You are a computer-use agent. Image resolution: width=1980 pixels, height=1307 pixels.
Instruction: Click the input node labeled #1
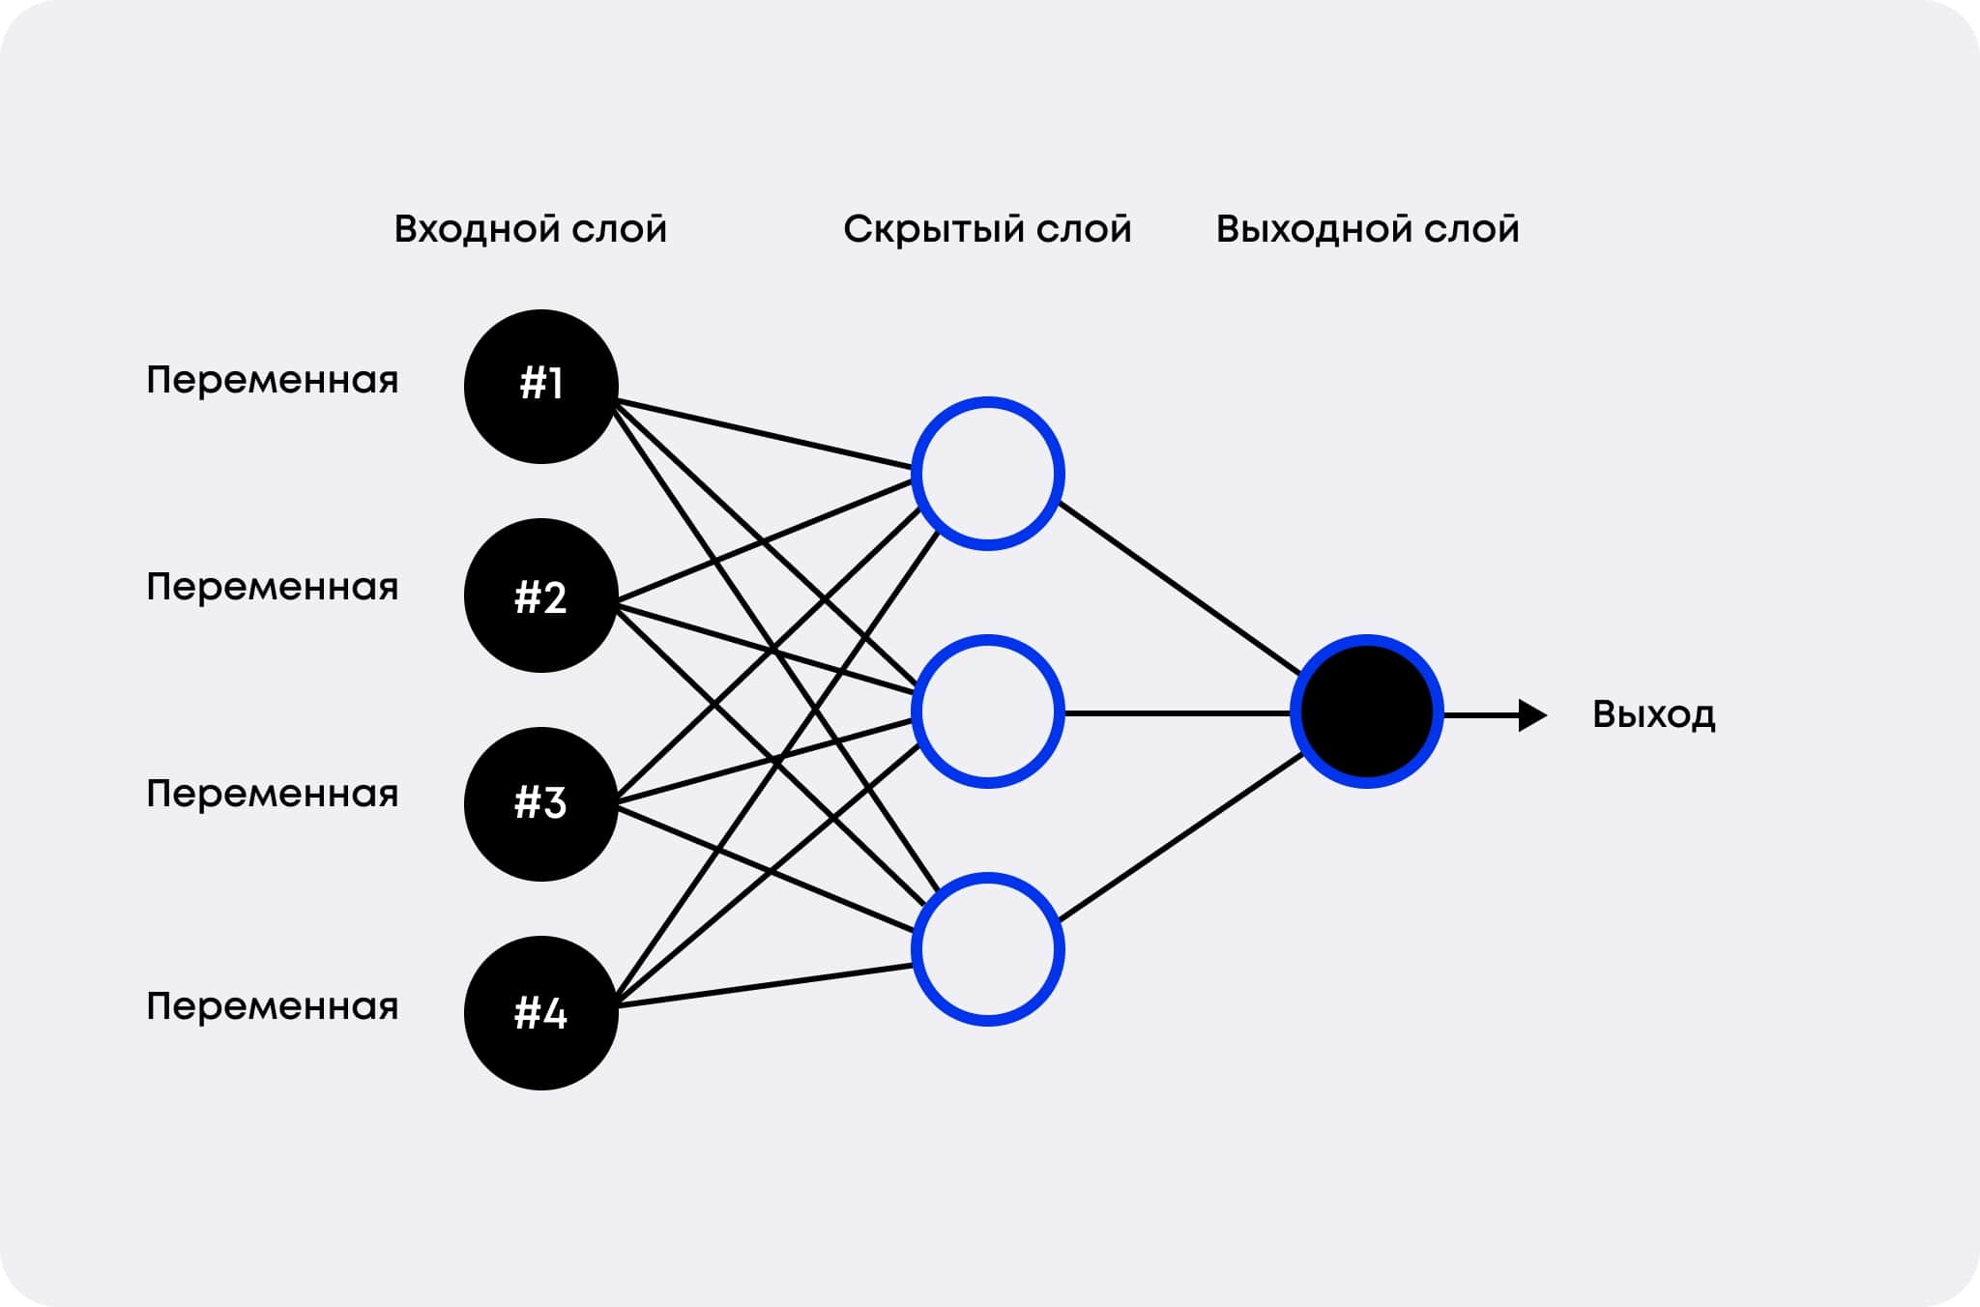coord(541,387)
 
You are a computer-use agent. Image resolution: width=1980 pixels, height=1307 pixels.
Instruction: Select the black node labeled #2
coord(541,595)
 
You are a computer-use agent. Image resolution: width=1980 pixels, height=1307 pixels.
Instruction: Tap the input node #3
coord(541,804)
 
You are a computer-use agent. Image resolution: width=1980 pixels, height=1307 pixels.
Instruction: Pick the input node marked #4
coord(541,1013)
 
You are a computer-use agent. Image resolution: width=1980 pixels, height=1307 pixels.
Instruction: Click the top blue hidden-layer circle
coord(988,474)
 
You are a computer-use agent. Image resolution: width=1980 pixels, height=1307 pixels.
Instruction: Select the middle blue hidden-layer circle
coord(988,712)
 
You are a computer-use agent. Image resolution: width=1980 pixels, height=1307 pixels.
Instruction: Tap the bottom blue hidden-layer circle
coord(988,949)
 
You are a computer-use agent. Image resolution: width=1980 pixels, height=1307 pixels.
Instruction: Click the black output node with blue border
coord(1367,712)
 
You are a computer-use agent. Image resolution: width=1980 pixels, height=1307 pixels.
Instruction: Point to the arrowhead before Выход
coord(1533,715)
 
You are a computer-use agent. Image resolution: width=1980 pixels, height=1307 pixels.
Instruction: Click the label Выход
coord(1654,715)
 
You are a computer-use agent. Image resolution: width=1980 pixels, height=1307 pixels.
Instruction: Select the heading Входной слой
coord(531,228)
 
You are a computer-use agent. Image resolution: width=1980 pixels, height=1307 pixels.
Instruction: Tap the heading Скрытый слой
coord(987,229)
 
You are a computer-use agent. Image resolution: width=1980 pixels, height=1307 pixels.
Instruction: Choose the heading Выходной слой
coord(1368,228)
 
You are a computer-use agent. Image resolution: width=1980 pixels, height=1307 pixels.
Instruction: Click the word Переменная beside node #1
coord(273,381)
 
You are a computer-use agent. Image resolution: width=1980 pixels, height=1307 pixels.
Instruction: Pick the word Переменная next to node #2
coord(273,588)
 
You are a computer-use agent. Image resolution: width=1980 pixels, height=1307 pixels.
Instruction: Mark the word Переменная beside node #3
coord(273,795)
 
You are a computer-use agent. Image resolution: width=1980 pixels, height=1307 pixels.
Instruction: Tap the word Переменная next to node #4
coord(273,1007)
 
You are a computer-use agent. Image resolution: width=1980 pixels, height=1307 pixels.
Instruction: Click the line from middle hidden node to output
coord(1178,713)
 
